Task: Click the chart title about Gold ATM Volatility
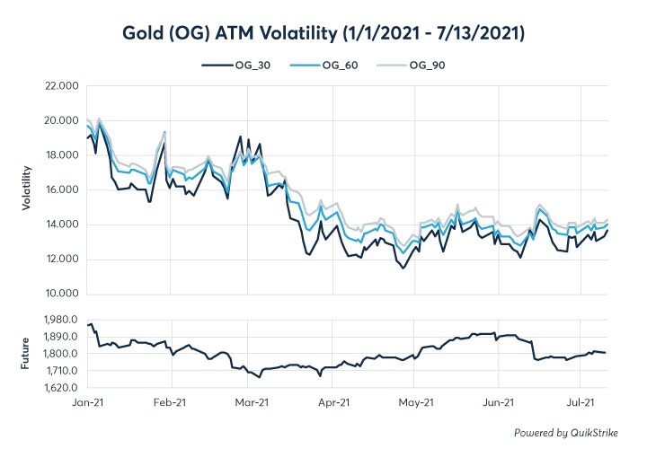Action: point(323,32)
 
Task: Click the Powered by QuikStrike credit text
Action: point(566,433)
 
